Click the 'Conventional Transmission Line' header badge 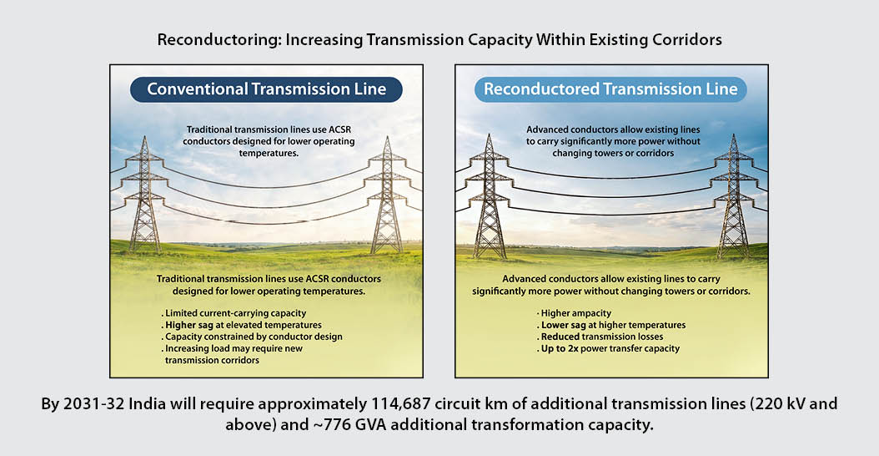266,89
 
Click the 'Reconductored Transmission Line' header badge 610,89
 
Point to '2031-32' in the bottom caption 90,404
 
